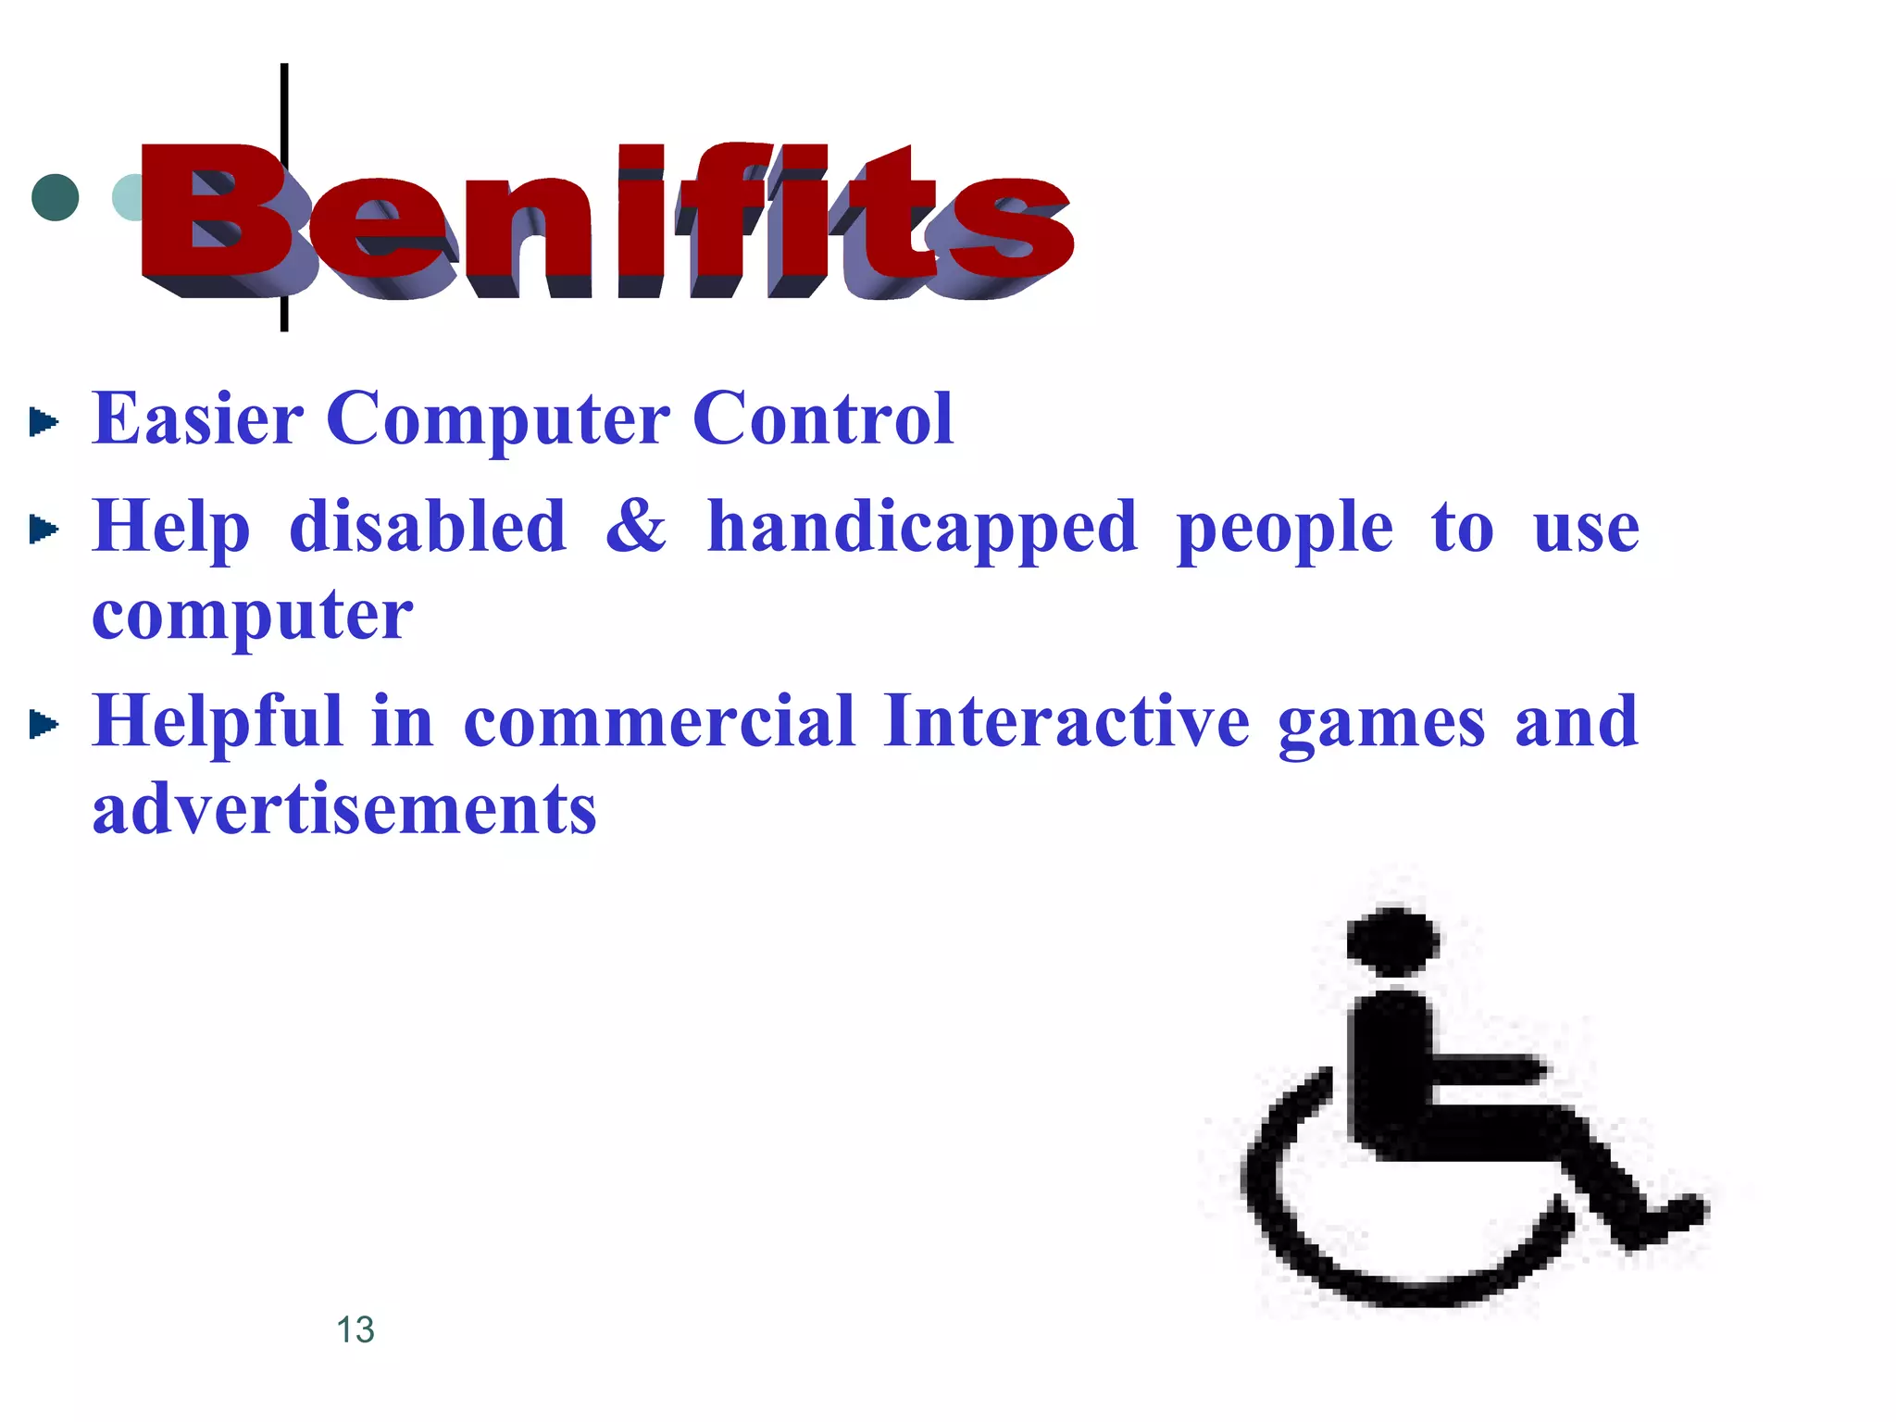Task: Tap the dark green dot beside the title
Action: (x=56, y=197)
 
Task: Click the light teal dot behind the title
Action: (x=126, y=197)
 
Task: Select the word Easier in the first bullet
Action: (x=197, y=419)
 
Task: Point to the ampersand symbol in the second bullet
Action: (x=635, y=526)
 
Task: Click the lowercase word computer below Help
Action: (x=252, y=616)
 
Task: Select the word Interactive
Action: (x=1066, y=721)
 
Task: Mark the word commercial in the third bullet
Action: (x=658, y=721)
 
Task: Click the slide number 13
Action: (x=355, y=1329)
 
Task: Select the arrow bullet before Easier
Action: (x=43, y=422)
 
